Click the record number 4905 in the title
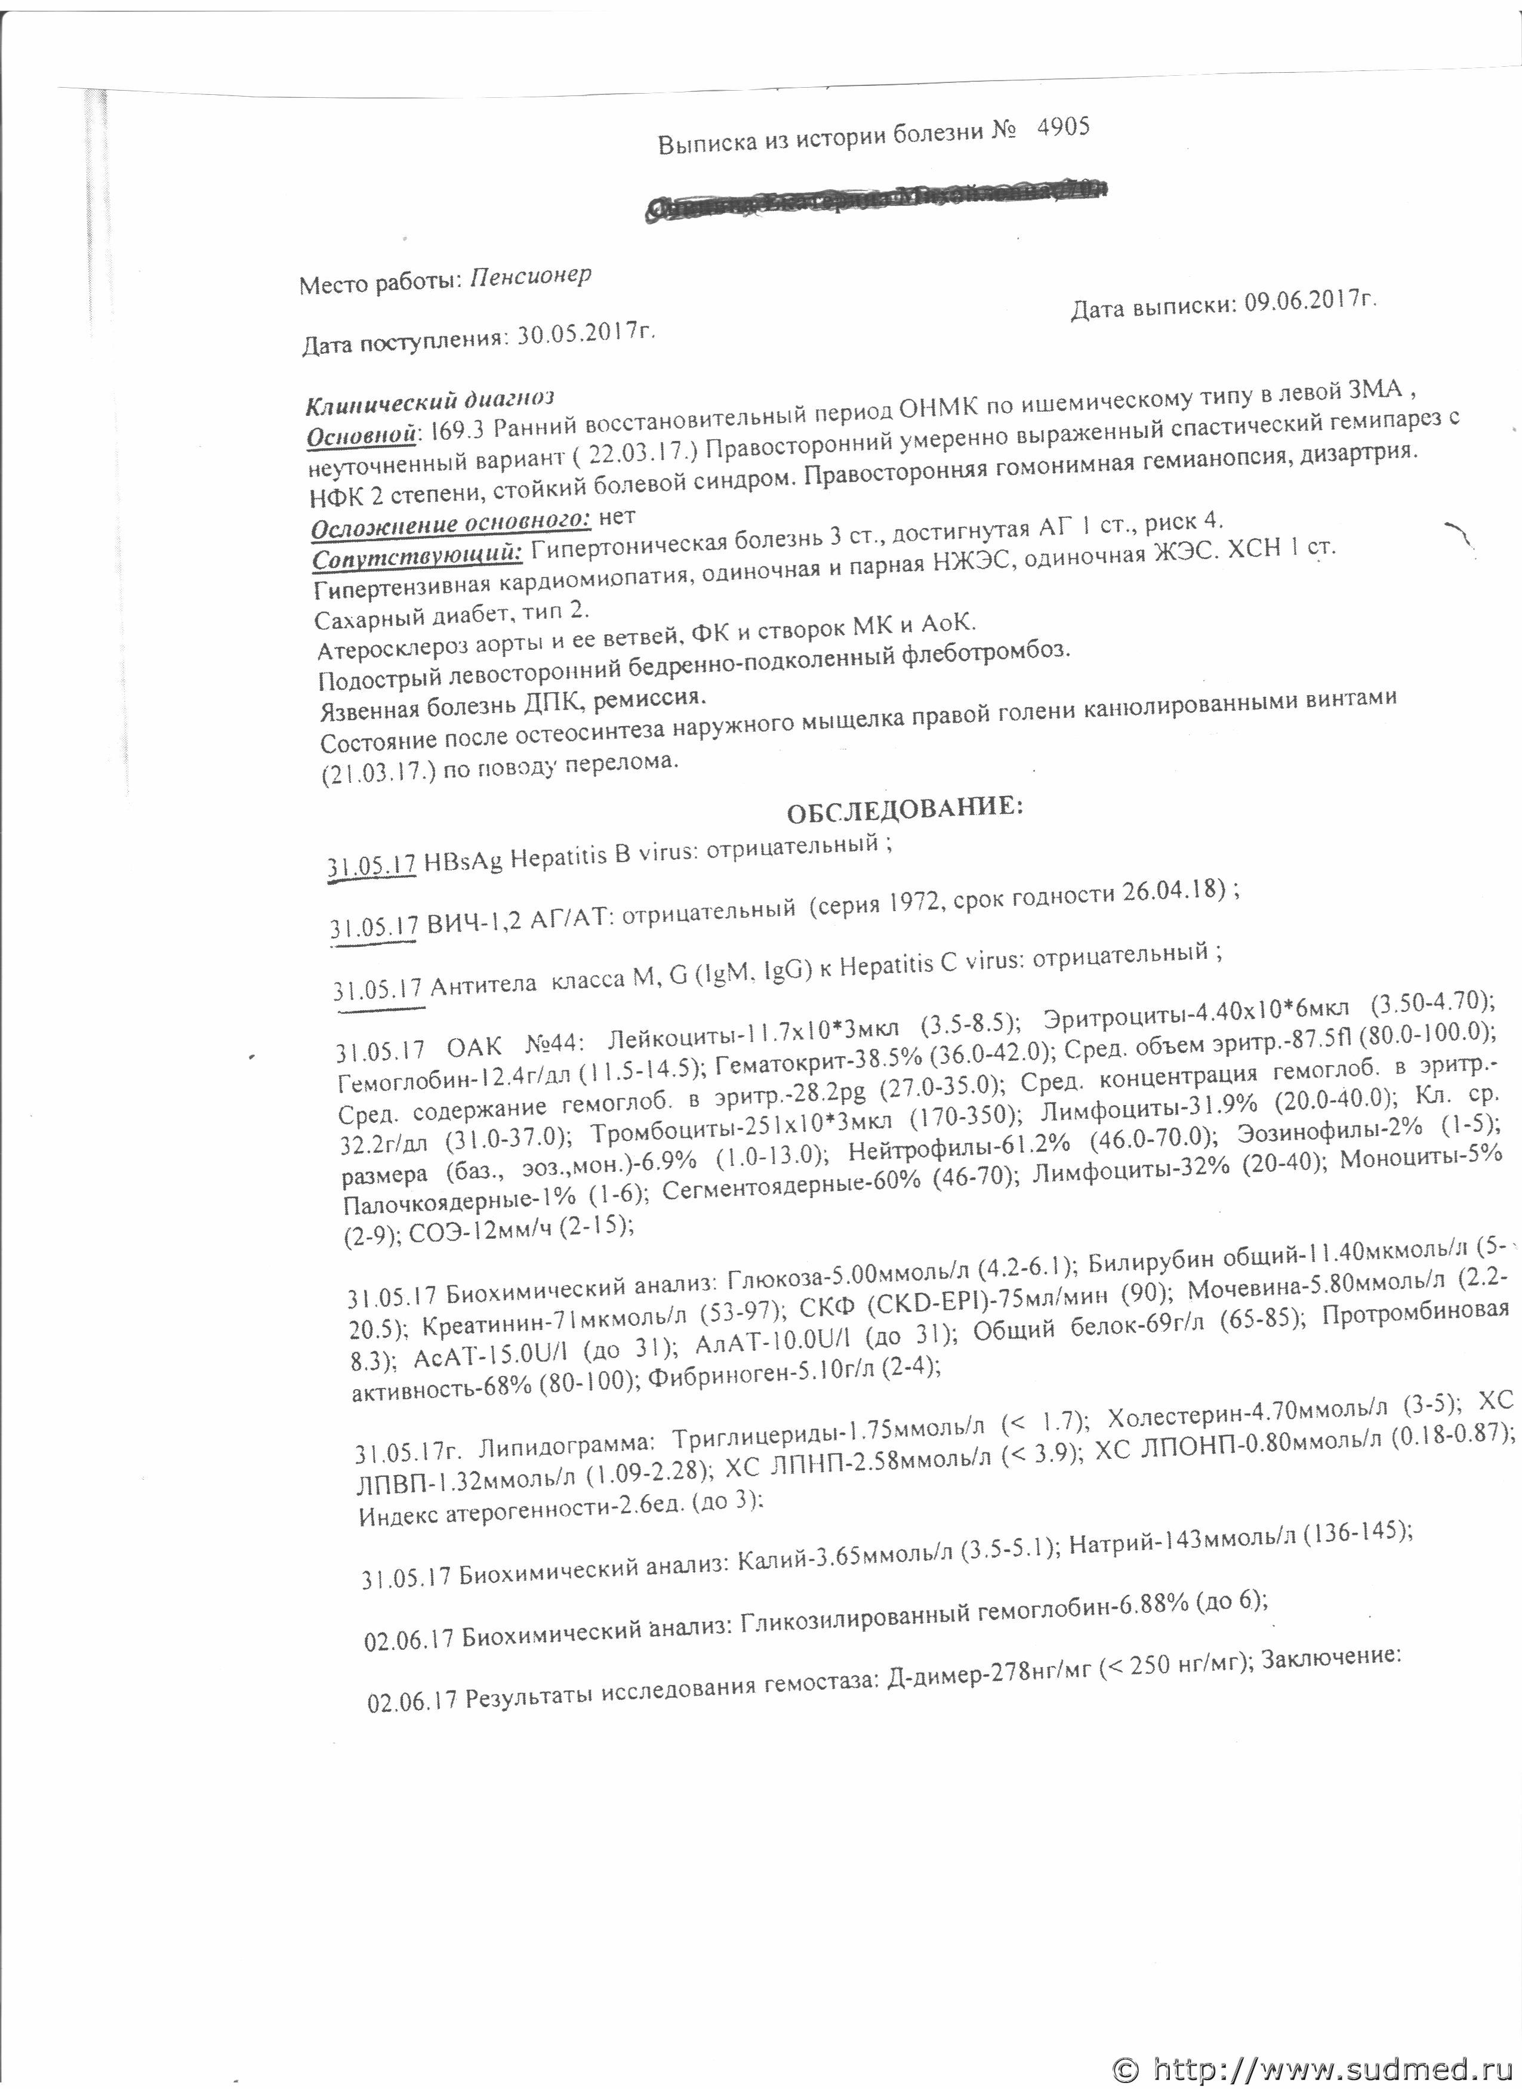click(x=1062, y=128)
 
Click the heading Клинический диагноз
click(x=429, y=400)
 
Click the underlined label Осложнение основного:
click(x=451, y=525)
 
